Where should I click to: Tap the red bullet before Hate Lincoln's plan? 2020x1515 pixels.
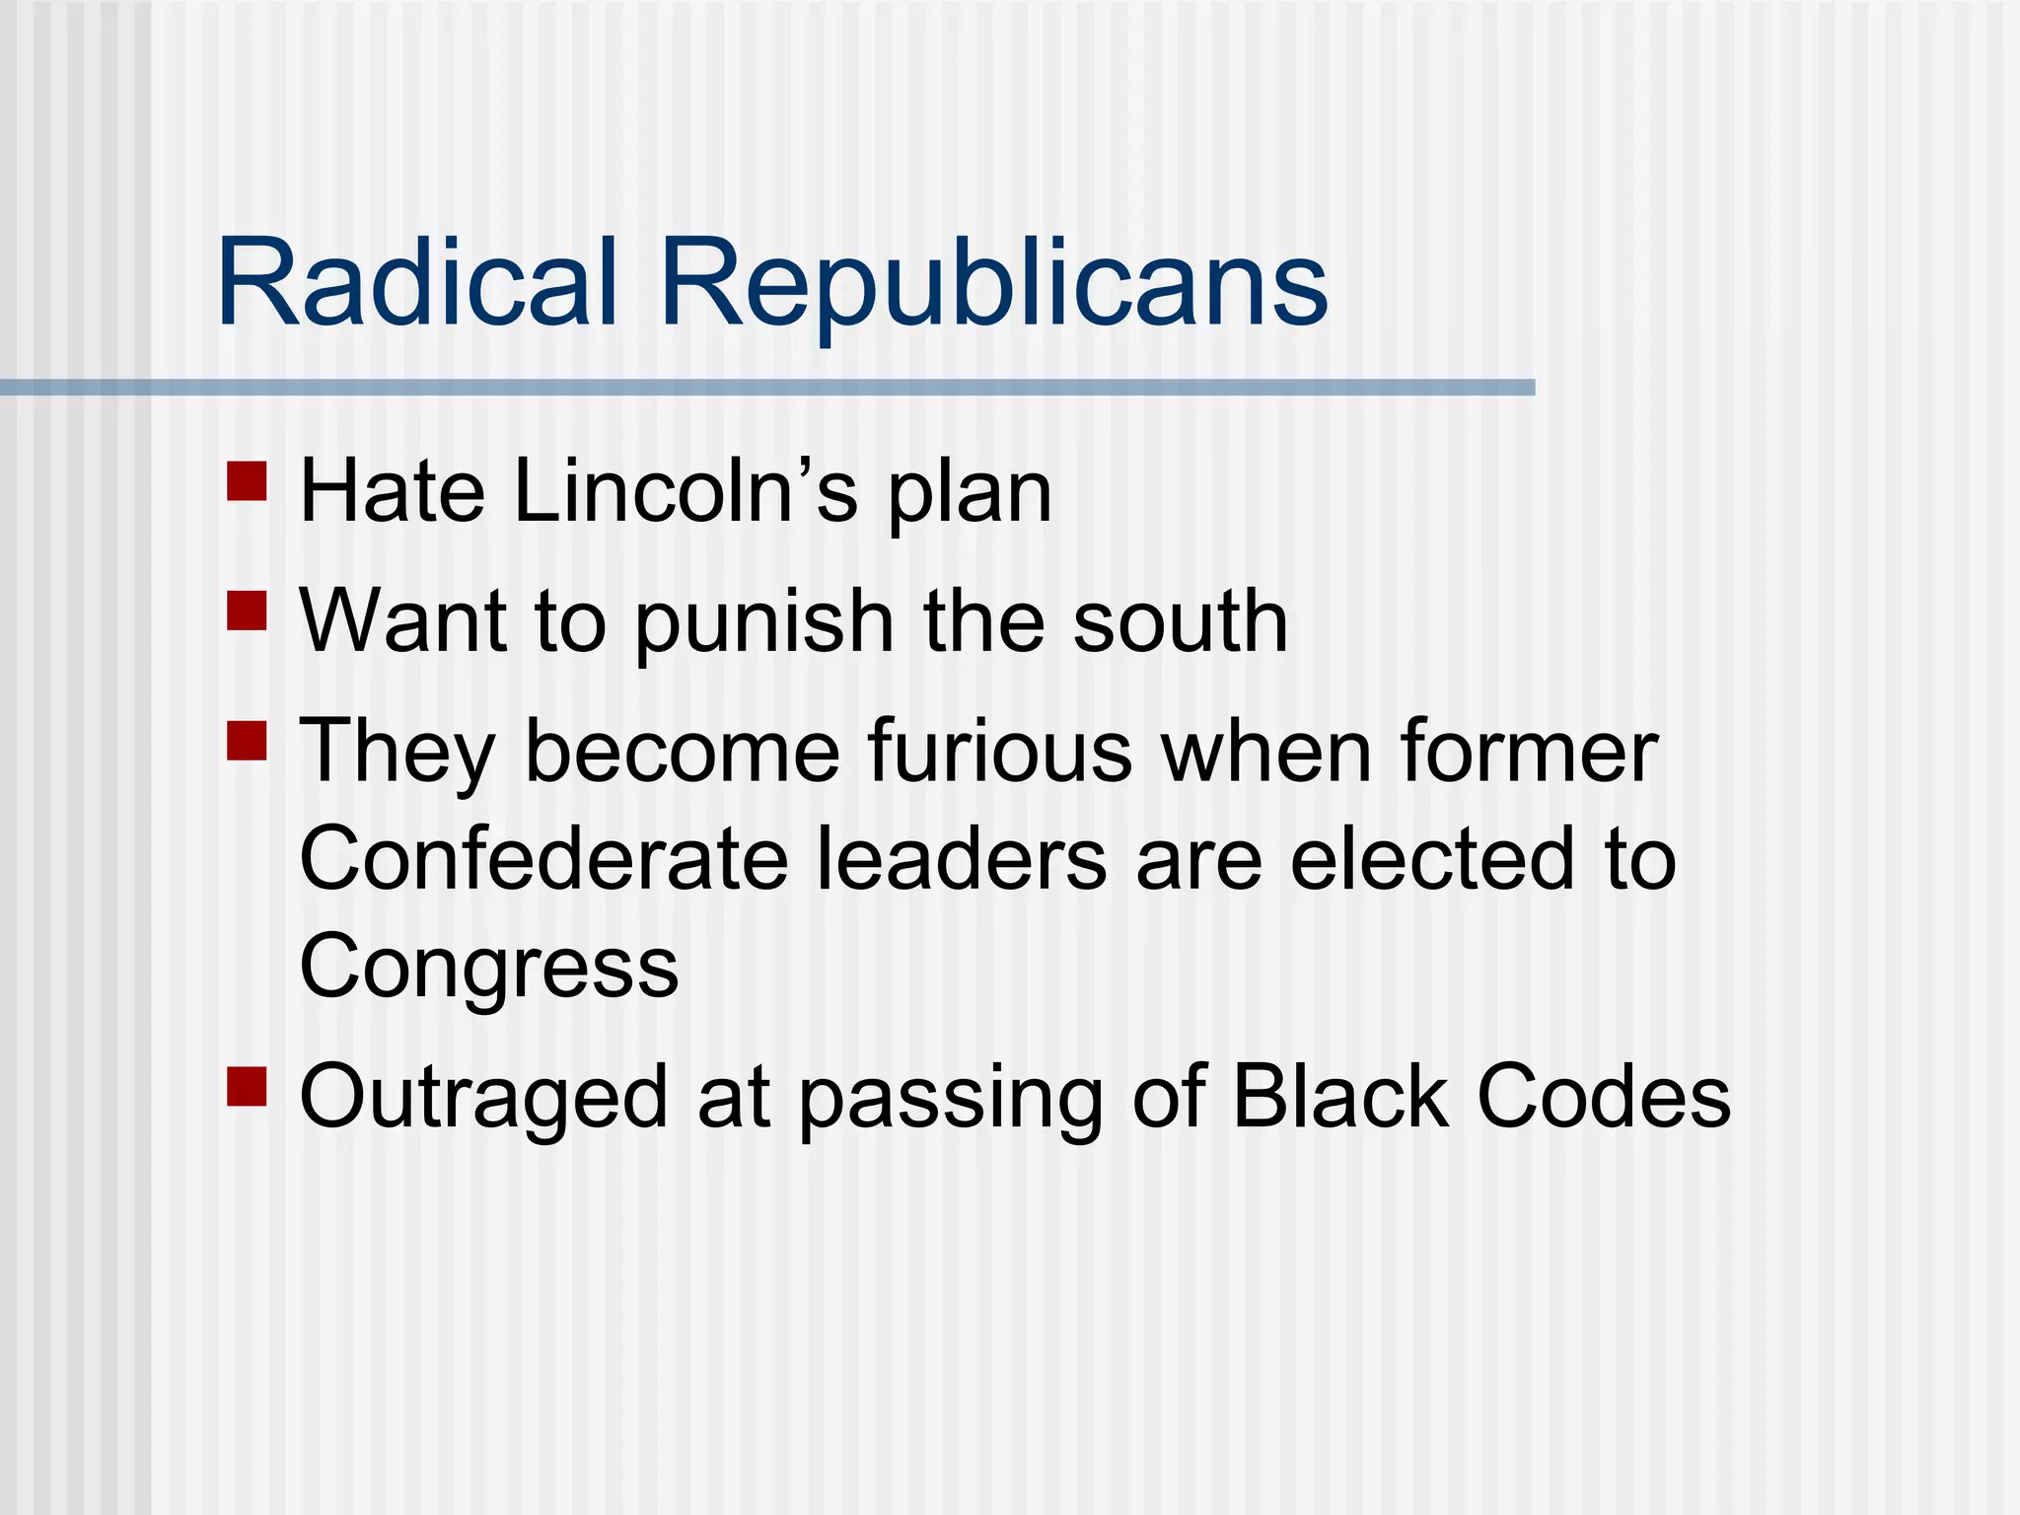[x=247, y=481]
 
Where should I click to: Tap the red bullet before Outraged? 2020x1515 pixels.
[x=247, y=1085]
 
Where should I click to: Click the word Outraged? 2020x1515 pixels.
[x=483, y=1099]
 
